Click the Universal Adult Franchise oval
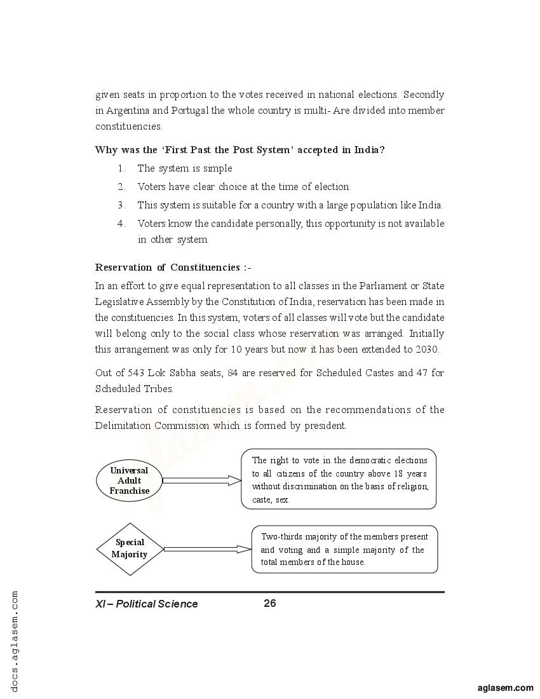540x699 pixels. tap(129, 481)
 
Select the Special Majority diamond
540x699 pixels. tap(130, 549)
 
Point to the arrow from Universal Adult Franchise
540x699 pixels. tap(202, 480)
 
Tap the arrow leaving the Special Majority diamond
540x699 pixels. tap(208, 549)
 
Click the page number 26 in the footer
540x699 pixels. tap(270, 603)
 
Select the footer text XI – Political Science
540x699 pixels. tap(147, 604)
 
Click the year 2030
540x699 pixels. tap(427, 349)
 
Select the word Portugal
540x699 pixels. tap(189, 111)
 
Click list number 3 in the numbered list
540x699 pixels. tap(121, 205)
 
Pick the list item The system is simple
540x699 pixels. tap(185, 168)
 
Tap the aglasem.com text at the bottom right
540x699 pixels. tap(505, 688)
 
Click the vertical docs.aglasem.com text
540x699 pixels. tap(15, 642)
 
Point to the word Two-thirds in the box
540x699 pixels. tap(280, 536)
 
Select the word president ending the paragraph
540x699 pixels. tap(327, 426)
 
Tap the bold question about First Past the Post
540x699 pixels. tap(240, 150)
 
